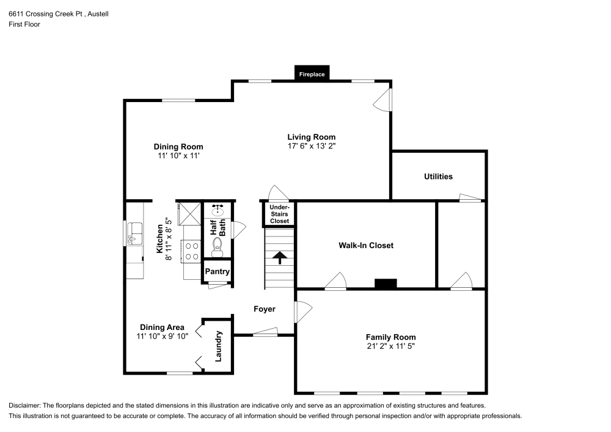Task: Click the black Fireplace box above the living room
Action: (312, 73)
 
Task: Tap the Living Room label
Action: (312, 137)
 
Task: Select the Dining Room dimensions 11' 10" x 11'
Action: (178, 156)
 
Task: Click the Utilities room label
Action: (438, 177)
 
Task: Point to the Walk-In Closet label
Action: (366, 246)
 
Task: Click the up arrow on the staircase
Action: (280, 257)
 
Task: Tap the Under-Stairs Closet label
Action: (279, 214)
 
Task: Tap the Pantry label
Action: (217, 271)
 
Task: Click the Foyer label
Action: (265, 309)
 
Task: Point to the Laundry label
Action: (218, 346)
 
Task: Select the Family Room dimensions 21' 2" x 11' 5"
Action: (390, 346)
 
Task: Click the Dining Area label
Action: (162, 328)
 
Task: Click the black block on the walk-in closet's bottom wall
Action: (386, 284)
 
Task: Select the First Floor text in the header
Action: (24, 25)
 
